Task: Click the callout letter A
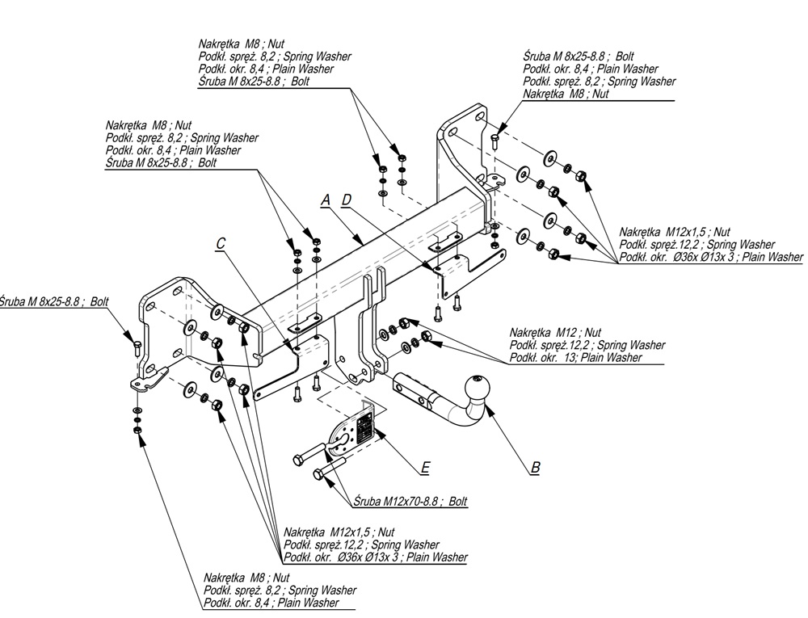coord(326,199)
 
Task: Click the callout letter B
coord(535,467)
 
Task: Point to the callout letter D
coord(346,199)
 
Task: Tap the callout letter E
coord(425,467)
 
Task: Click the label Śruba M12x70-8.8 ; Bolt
coord(410,502)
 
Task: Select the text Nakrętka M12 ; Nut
coord(556,332)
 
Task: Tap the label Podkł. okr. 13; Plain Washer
coord(576,357)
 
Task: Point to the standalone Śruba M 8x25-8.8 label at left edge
coord(54,301)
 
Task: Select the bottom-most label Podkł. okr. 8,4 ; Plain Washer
coord(271,603)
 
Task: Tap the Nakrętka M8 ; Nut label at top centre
coord(241,43)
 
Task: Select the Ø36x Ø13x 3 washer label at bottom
coord(375,557)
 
